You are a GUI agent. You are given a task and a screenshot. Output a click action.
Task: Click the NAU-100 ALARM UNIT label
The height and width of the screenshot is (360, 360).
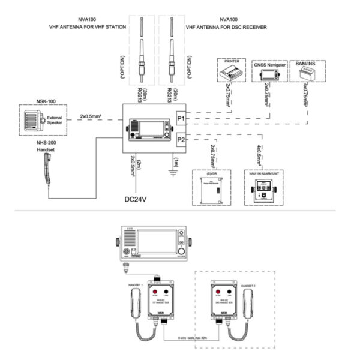[262, 172]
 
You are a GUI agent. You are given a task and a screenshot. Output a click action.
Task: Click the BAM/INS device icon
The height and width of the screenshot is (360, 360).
[305, 73]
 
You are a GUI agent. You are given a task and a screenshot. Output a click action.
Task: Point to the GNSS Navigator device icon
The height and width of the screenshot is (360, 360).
[266, 74]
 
